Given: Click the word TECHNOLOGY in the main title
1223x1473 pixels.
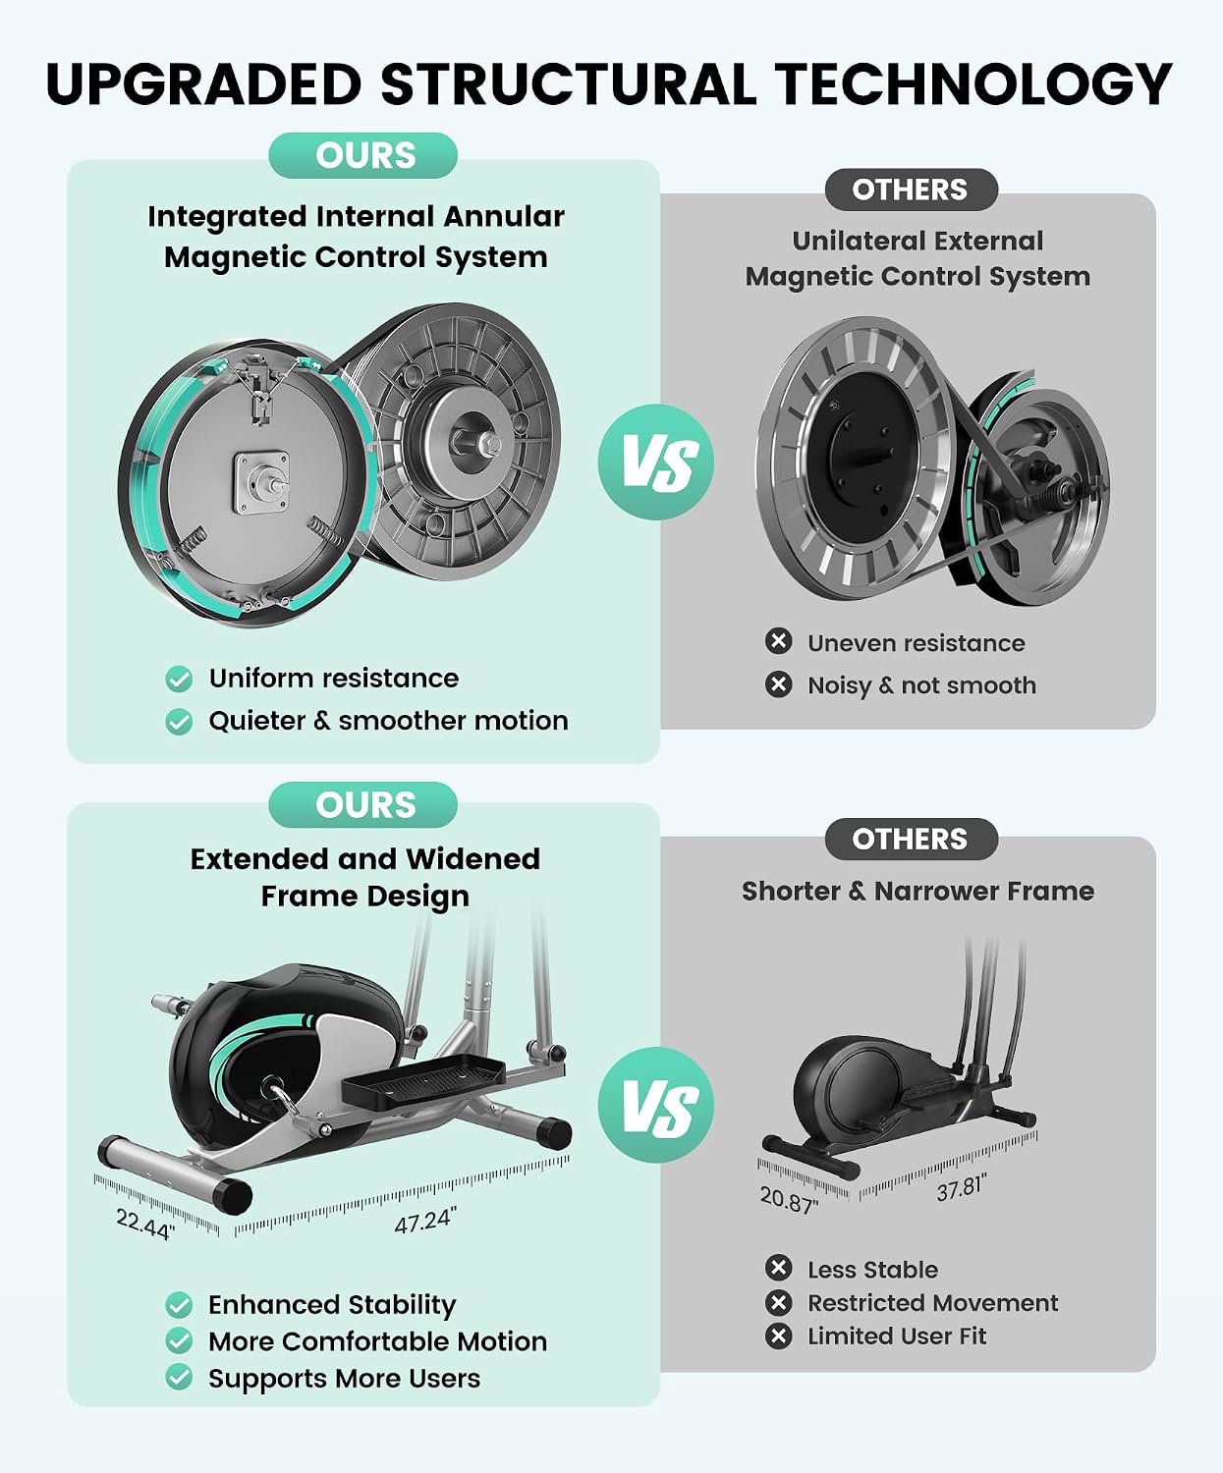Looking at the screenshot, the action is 973,83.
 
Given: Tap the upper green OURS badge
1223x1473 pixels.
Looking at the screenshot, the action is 362,155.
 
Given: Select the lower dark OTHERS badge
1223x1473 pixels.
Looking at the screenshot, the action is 911,839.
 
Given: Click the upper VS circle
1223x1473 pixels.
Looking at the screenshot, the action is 655,463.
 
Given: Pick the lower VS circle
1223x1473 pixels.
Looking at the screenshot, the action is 655,1106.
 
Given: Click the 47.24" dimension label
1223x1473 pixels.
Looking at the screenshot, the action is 425,1220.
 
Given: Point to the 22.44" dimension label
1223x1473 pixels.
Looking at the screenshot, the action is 145,1224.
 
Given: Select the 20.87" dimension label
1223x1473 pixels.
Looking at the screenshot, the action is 789,1199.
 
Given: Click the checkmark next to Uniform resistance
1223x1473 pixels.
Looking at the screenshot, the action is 179,679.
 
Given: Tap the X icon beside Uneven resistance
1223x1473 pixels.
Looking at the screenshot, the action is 778,641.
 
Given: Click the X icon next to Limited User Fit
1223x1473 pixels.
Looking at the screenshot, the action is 778,1336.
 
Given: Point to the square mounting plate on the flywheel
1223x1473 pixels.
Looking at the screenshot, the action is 262,482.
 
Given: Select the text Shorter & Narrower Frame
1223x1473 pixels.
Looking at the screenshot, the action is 917,891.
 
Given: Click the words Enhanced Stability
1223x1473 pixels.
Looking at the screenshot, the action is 332,1305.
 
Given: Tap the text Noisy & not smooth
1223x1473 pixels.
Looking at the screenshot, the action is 921,685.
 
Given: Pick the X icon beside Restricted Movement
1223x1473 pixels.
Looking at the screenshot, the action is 778,1302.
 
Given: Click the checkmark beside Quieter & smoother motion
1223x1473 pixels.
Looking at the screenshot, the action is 179,722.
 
